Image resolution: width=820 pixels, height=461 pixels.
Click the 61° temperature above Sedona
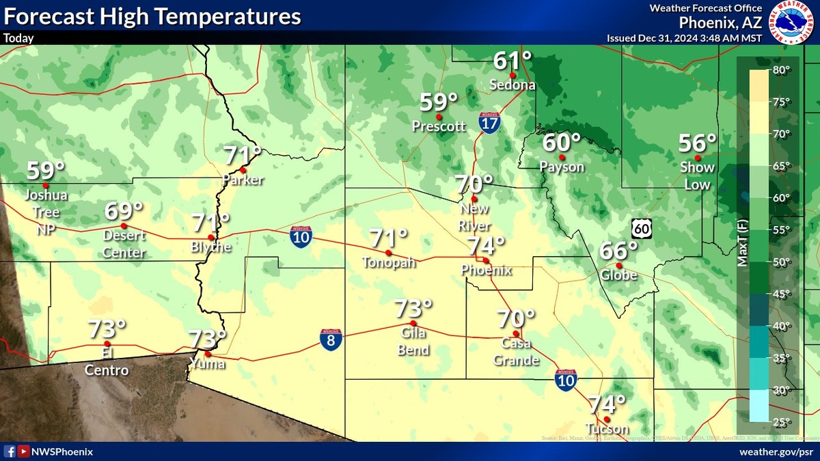512,61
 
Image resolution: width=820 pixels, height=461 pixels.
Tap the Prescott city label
439,126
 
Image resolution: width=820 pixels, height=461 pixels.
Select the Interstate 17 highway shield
489,122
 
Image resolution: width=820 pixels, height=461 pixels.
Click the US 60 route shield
641,228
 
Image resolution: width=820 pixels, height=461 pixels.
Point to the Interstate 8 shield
331,339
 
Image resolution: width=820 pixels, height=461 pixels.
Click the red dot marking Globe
618,266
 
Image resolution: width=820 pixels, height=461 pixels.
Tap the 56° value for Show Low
697,144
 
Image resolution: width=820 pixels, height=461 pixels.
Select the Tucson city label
607,429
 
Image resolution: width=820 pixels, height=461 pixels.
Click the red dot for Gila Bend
413,323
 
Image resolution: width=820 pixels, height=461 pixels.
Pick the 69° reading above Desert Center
124,211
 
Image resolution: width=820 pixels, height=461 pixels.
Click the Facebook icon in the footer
10,451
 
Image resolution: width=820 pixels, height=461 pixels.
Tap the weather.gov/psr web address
776,451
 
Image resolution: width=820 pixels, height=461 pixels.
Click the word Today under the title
18,38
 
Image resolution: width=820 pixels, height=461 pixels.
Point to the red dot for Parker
242,169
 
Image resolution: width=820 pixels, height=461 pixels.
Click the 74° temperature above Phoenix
486,245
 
